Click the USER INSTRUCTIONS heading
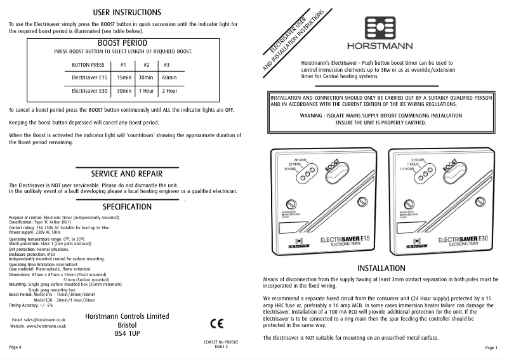pyautogui.click(x=127, y=12)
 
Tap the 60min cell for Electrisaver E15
pyautogui.click(x=169, y=77)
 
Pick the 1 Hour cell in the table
pyautogui.click(x=147, y=91)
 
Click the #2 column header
pyautogui.click(x=147, y=65)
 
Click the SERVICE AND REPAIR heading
pyautogui.click(x=127, y=173)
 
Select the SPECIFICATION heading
pyautogui.click(x=127, y=206)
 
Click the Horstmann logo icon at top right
pyautogui.click(x=380, y=28)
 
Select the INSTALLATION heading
pyautogui.click(x=381, y=269)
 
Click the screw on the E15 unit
pyautogui.click(x=291, y=204)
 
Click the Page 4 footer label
pyautogui.click(x=15, y=348)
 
